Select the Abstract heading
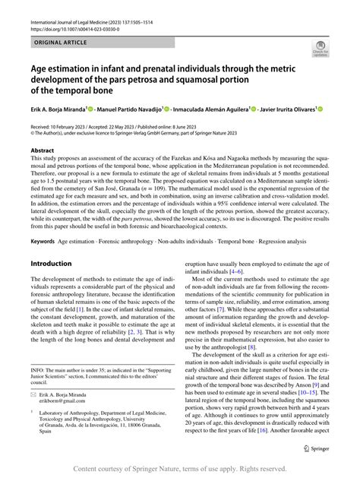[x=43, y=151]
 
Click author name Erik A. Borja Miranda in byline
[x=58, y=109]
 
